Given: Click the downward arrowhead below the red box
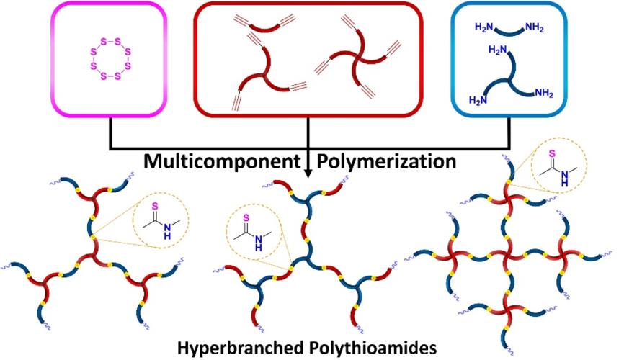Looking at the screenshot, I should [308, 174].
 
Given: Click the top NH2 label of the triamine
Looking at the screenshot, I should [496, 50].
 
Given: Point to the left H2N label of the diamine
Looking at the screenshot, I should [484, 27].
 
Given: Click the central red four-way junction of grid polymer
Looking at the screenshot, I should [511, 255].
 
